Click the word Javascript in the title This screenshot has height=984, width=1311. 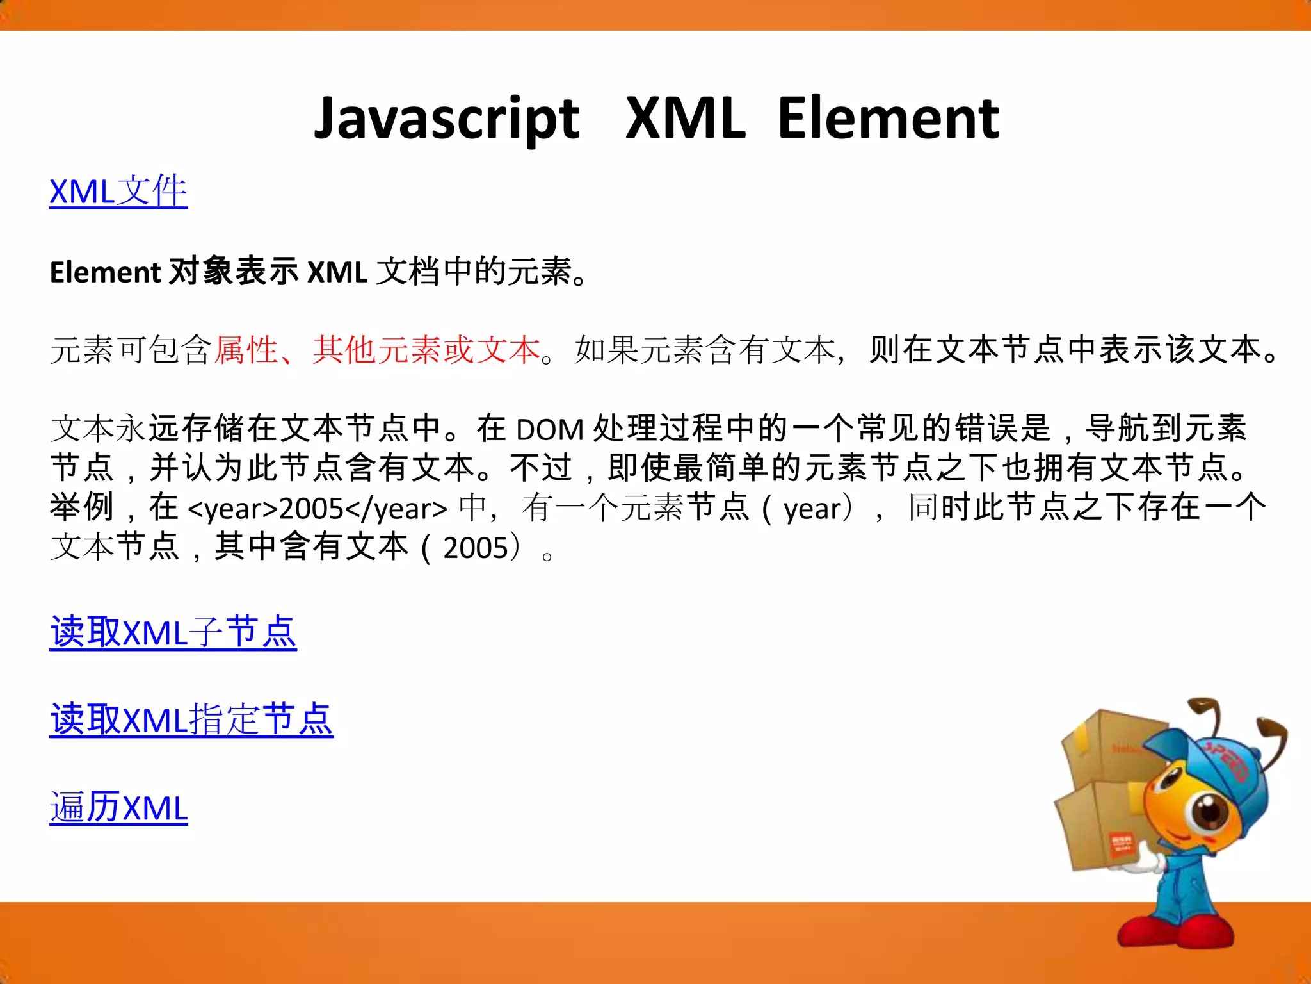click(446, 120)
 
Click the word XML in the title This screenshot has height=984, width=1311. click(685, 119)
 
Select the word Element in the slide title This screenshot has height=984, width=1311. click(888, 119)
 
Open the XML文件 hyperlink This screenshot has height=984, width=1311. click(118, 192)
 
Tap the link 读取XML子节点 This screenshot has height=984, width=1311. click(173, 632)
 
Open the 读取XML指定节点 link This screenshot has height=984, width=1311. click(191, 719)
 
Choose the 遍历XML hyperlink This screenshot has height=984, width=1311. click(118, 807)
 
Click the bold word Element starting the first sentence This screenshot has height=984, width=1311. click(104, 273)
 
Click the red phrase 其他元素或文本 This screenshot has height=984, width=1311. click(426, 350)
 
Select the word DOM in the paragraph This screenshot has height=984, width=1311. click(549, 430)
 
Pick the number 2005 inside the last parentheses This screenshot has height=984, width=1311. click(475, 548)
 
